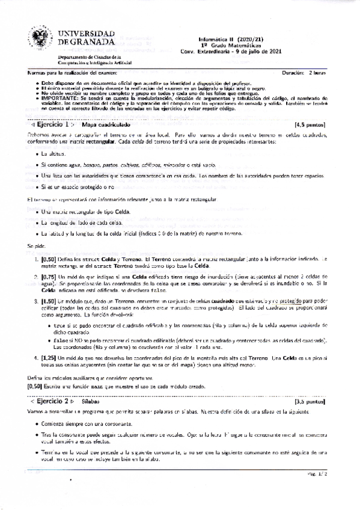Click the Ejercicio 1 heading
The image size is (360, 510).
click(x=52, y=124)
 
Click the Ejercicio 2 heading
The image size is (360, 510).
click(x=52, y=401)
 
